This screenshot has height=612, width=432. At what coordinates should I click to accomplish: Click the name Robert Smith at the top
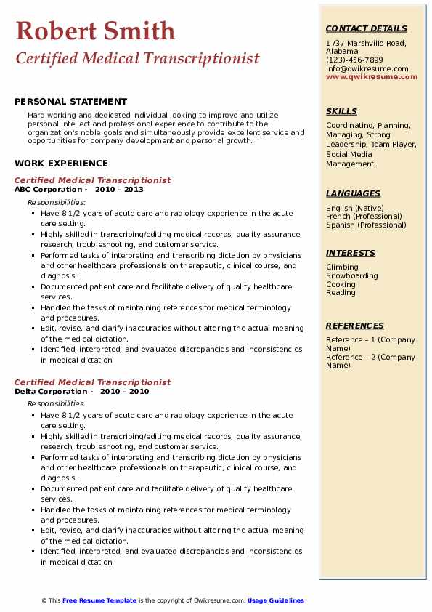tap(95, 31)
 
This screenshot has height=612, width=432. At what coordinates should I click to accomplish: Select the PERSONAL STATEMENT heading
tap(70, 102)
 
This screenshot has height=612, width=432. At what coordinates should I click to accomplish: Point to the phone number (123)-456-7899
tap(354, 60)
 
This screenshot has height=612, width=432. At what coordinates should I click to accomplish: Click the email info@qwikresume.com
tap(367, 69)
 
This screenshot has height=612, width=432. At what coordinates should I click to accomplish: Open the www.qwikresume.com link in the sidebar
tap(367, 77)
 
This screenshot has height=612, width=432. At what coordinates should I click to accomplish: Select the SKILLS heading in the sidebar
tap(341, 111)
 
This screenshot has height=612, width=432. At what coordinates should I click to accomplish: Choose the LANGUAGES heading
tap(353, 193)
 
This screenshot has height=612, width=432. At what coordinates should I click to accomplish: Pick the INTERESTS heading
tap(351, 253)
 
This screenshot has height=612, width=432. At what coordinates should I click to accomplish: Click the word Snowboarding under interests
tap(352, 276)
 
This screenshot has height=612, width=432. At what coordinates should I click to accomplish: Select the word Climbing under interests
tap(342, 267)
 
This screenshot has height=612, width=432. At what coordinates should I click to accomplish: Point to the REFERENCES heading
tap(355, 326)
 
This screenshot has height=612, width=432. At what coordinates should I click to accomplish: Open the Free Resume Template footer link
tap(99, 600)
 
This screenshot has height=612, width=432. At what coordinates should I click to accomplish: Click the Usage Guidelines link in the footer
tap(276, 600)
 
